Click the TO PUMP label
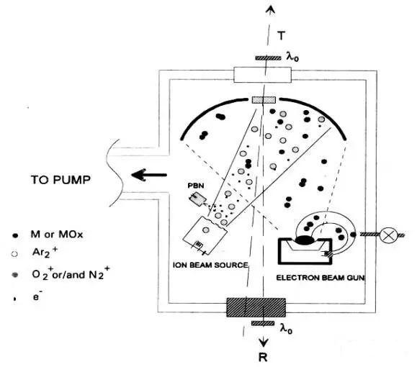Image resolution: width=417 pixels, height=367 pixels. [x=60, y=180]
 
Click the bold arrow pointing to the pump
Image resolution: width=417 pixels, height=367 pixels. [x=149, y=175]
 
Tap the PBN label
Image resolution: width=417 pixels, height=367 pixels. [x=196, y=185]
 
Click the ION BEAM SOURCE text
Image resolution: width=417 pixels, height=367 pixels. [x=210, y=265]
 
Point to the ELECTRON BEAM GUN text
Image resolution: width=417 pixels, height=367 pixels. [x=320, y=278]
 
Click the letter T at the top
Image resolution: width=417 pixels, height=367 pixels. [x=281, y=35]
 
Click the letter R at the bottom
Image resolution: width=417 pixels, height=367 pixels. [x=263, y=357]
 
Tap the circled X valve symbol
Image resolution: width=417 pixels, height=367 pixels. [x=388, y=235]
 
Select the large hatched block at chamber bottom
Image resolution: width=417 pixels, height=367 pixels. [x=256, y=307]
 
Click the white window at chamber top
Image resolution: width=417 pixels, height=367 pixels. [x=262, y=75]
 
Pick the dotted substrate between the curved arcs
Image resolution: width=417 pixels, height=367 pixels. [x=264, y=100]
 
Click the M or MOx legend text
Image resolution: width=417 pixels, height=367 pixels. [x=57, y=235]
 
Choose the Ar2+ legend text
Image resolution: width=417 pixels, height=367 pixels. [x=45, y=252]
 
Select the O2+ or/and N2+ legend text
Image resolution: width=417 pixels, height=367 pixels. [x=71, y=273]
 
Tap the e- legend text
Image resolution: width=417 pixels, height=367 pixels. [x=37, y=296]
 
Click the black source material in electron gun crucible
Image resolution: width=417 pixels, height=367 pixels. [x=305, y=240]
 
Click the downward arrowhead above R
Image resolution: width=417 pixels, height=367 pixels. [x=264, y=343]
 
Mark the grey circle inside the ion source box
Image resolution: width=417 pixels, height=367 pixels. [x=206, y=230]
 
